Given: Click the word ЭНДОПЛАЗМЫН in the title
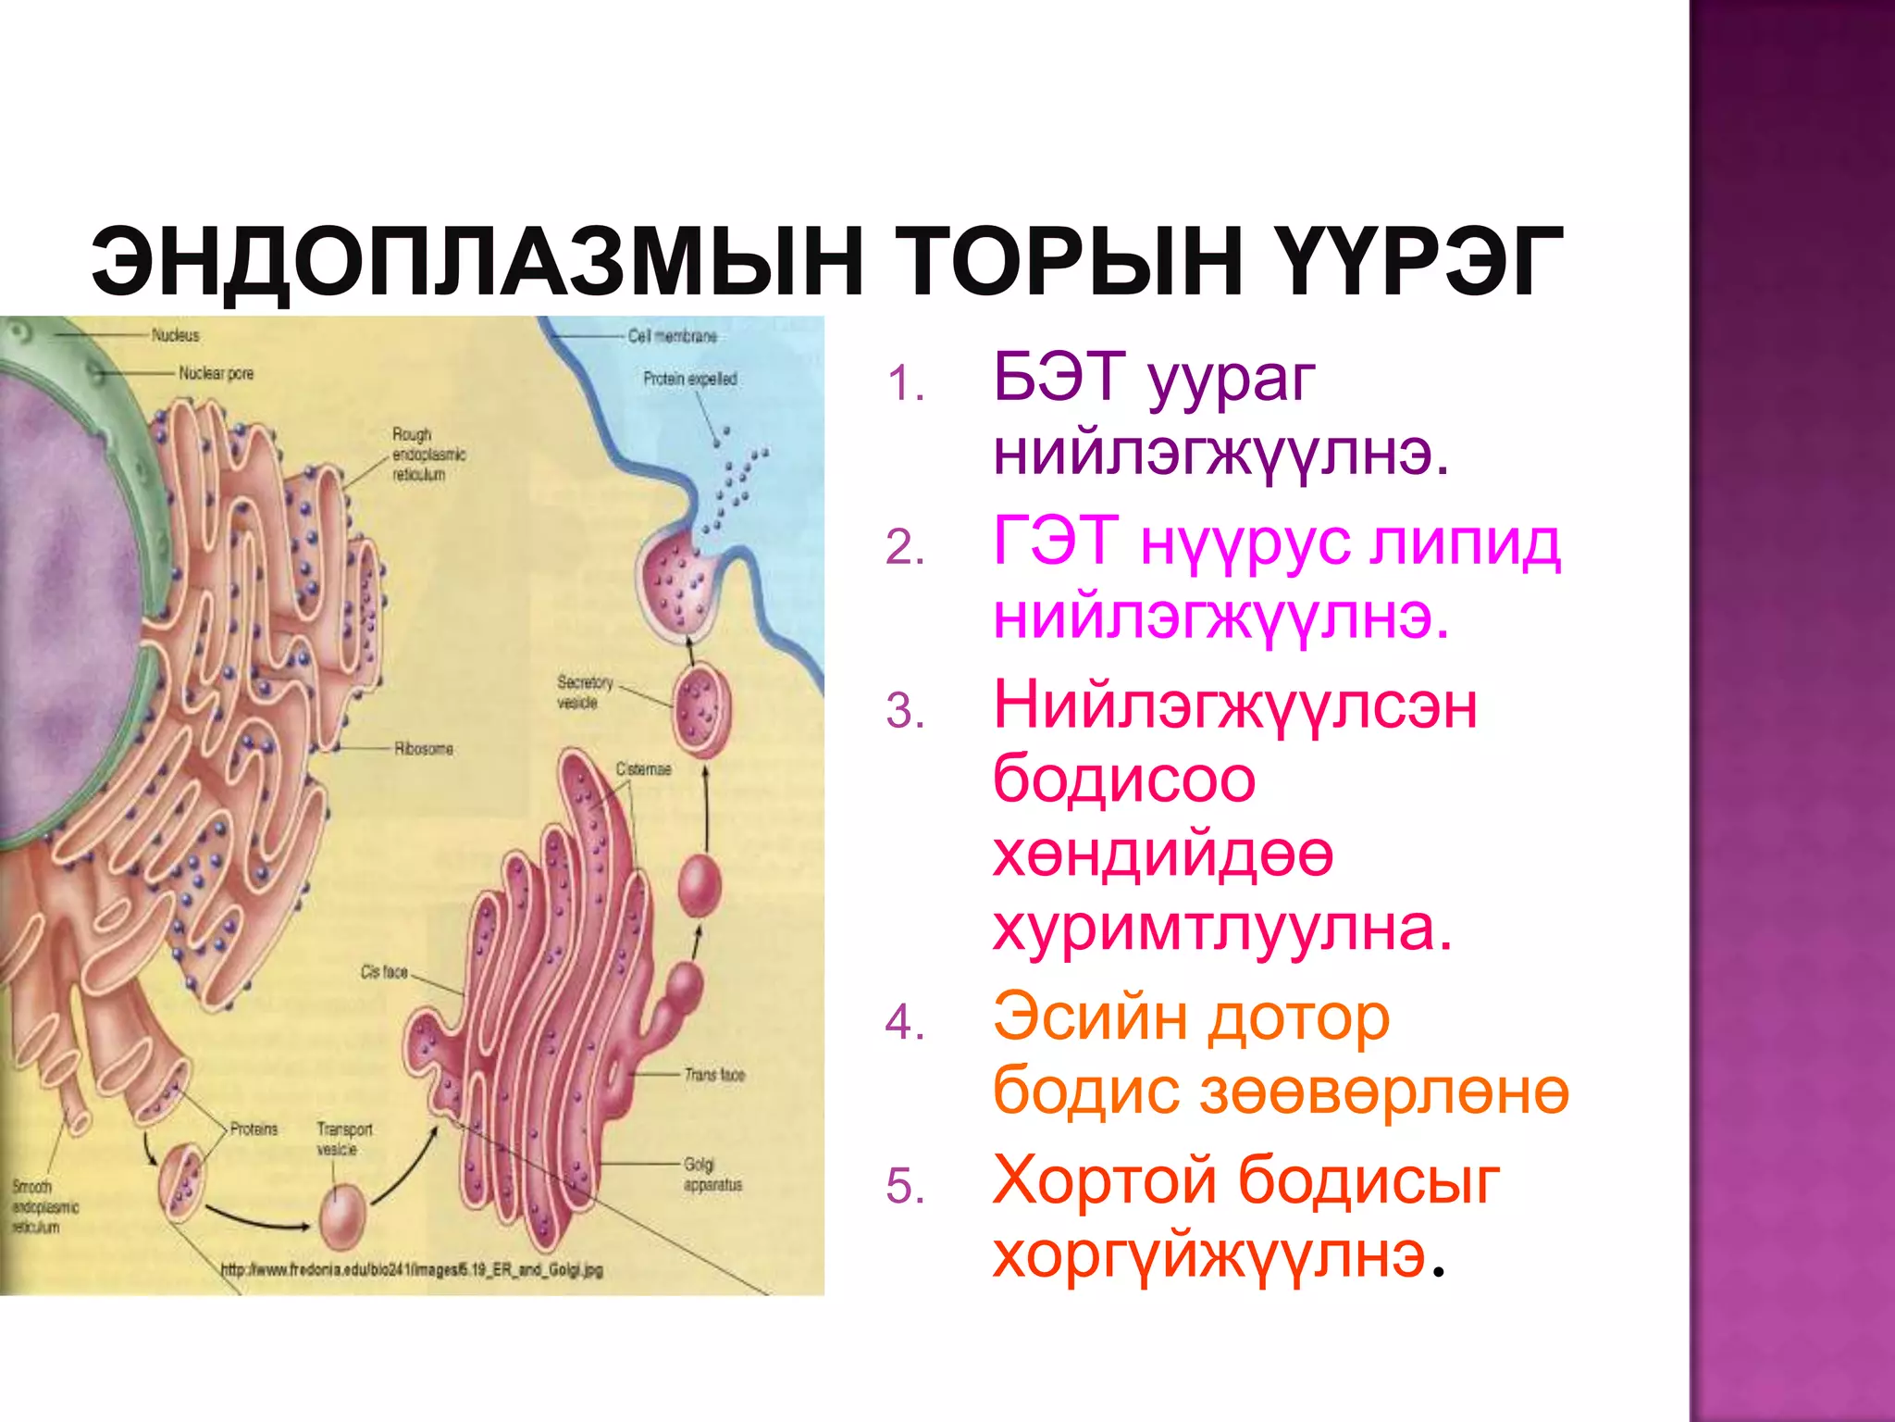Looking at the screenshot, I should coord(477,262).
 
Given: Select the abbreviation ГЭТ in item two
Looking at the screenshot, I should coord(1056,541).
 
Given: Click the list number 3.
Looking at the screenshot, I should coord(904,712).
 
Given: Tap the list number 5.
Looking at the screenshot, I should coord(904,1187).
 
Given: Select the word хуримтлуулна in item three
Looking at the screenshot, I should coord(1221,928).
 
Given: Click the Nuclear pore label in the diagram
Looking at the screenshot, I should coord(216,373).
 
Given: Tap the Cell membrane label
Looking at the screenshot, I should coord(672,336).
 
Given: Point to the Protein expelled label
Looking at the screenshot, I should coord(690,379).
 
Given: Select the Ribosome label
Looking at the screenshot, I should coord(424,748).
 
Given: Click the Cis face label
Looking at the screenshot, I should coord(384,971).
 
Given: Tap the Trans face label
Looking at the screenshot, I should coord(713,1075).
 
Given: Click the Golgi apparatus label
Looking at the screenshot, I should coord(712,1174).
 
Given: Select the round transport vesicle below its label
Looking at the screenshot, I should coord(342,1217).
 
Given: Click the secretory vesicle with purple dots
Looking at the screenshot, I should coord(701,708).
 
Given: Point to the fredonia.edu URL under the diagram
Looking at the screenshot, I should coord(411,1270).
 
